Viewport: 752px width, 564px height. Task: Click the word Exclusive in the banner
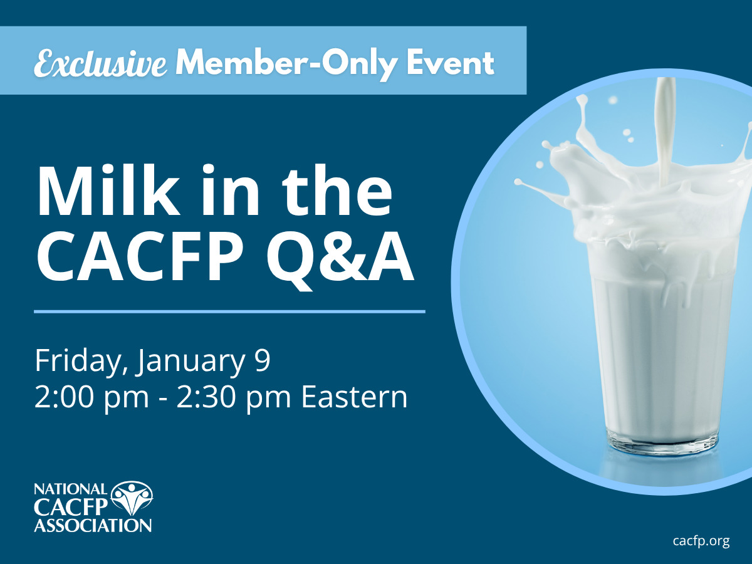click(100, 63)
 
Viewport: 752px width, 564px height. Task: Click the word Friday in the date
click(78, 362)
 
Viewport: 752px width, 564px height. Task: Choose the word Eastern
click(354, 397)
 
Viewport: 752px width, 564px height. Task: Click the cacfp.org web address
click(701, 541)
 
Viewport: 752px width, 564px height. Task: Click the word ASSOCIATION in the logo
click(93, 525)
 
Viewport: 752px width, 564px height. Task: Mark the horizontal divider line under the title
click(229, 311)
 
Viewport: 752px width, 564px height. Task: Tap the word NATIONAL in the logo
click(71, 489)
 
